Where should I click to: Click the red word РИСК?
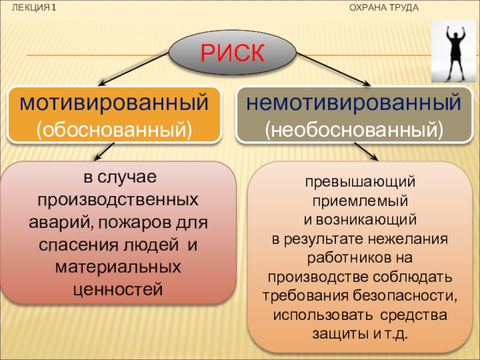coord(232,53)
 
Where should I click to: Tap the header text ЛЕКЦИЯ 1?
coord(34,8)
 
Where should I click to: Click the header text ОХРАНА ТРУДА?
coord(384,8)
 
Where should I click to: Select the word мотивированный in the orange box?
coord(114,103)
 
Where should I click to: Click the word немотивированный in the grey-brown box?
coord(353,103)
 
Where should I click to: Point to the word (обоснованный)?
coord(114,130)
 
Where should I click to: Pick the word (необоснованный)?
coord(354,130)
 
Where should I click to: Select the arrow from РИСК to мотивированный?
coord(133,68)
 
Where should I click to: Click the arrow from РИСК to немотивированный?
coord(334,69)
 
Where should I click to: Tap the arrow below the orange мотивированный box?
coord(104,152)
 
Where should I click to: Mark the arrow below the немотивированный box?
coord(366,151)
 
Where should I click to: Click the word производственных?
coord(118,200)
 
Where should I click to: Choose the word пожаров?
coord(136,223)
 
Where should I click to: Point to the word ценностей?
coord(118,289)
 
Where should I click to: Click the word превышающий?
coord(361,182)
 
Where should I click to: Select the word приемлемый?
coord(361,201)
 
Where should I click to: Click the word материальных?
coord(118,267)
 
